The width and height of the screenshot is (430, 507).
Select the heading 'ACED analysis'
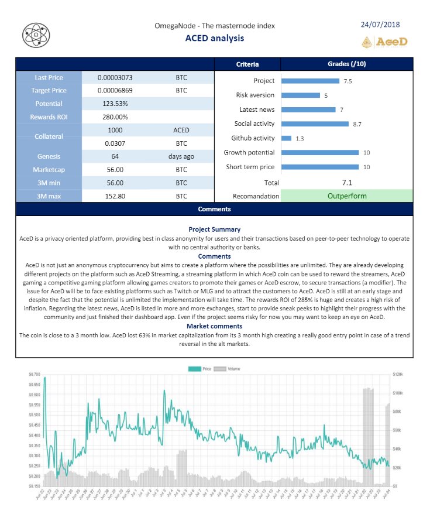point(214,38)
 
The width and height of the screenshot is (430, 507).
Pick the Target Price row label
point(49,90)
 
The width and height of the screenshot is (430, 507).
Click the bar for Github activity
point(286,138)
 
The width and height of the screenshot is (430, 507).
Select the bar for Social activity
point(315,124)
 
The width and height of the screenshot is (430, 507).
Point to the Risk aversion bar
point(301,95)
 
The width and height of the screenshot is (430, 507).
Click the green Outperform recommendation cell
point(347,196)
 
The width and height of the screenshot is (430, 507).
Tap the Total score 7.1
point(347,183)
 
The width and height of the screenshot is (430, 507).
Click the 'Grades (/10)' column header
point(347,64)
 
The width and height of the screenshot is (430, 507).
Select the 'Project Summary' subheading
point(214,229)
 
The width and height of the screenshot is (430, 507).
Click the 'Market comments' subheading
point(214,326)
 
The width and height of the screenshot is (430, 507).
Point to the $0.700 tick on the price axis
point(34,374)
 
